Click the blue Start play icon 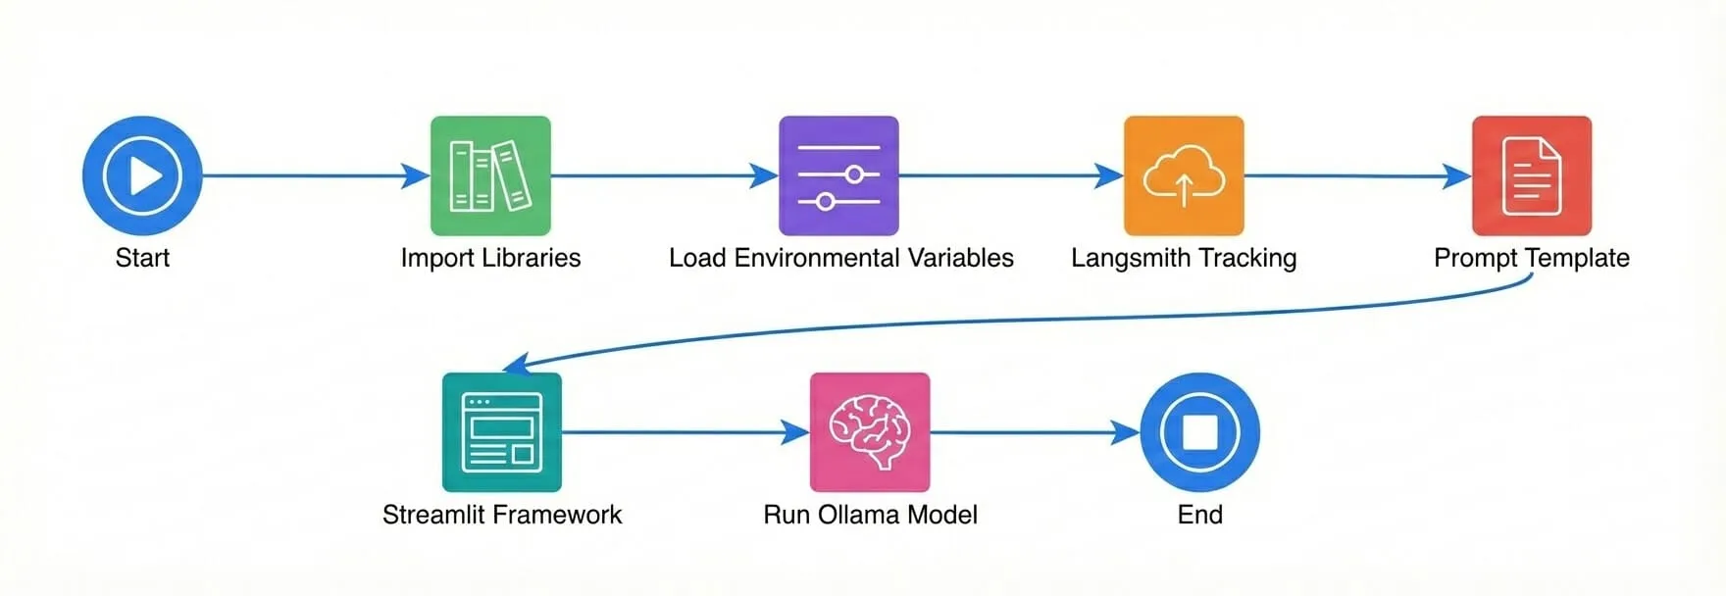(x=142, y=175)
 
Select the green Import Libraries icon (x=490, y=175)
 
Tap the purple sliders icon (x=838, y=175)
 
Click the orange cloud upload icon (x=1184, y=175)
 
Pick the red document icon (x=1532, y=175)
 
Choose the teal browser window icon (x=502, y=432)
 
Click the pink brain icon (x=870, y=432)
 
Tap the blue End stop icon (x=1199, y=432)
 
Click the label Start (x=142, y=258)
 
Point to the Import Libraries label (x=490, y=258)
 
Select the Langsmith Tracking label (x=1184, y=258)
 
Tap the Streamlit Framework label (x=502, y=515)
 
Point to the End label (x=1199, y=515)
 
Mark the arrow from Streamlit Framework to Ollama (x=686, y=432)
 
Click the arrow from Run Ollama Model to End (x=1035, y=432)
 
